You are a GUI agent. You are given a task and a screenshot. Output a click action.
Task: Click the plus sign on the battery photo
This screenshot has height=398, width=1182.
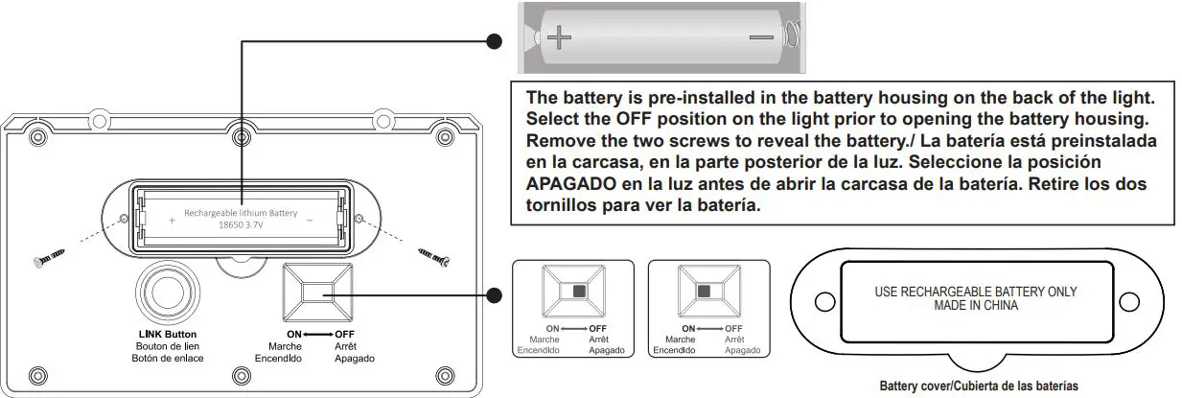[x=560, y=38]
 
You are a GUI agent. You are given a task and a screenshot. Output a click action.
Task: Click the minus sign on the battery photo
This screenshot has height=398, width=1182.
[x=761, y=37]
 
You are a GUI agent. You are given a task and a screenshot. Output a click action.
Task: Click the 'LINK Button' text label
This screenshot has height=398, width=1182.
[x=168, y=335]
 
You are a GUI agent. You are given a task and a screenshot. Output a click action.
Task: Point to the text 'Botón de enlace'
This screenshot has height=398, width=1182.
[x=168, y=358]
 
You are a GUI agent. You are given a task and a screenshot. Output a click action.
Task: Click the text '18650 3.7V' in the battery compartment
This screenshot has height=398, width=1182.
[x=241, y=225]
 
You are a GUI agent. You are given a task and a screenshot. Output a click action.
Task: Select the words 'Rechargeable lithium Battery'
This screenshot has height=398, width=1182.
[x=241, y=213]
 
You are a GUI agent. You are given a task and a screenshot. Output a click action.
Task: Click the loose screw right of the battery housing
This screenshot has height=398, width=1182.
[x=433, y=254]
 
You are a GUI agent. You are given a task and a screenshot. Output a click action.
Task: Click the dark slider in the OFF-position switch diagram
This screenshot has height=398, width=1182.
[x=579, y=291]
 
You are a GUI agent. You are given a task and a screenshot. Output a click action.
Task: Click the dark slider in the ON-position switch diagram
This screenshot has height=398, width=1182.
[x=704, y=291]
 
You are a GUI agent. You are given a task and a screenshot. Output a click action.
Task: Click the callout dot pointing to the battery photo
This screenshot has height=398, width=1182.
[x=495, y=41]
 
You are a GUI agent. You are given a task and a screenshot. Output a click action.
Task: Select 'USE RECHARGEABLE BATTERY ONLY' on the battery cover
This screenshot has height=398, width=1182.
[x=975, y=293]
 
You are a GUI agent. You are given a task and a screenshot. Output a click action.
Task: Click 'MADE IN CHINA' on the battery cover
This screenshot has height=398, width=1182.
[x=975, y=306]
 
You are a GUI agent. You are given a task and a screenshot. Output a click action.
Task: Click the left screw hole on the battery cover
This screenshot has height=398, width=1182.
[x=822, y=301]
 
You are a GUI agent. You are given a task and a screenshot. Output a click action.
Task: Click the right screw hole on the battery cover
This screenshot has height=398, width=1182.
[x=1130, y=300]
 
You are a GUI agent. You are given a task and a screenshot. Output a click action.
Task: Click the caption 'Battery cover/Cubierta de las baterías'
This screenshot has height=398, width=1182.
[x=978, y=386]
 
